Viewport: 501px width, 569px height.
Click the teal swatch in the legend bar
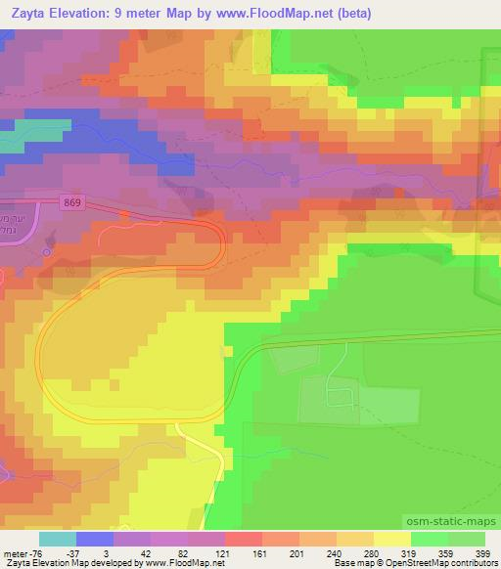coord(58,539)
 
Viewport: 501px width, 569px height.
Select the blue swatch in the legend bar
coord(95,539)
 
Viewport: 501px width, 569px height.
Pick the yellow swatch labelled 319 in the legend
coord(391,539)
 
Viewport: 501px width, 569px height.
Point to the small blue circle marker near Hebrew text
coord(46,251)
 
